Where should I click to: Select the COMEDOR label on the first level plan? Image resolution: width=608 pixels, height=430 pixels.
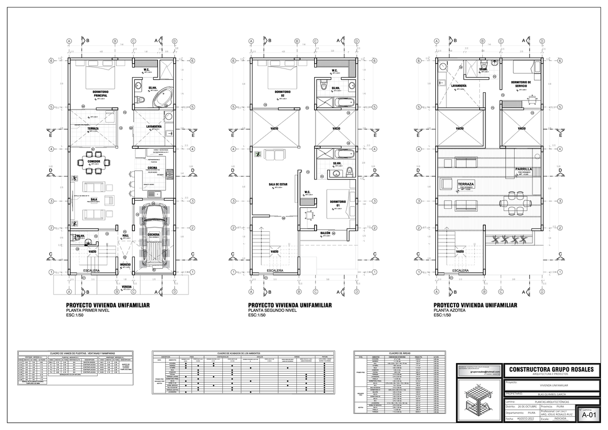[94, 161]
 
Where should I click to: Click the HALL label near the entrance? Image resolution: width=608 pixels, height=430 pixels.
[125, 236]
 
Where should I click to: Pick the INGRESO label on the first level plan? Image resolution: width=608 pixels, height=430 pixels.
[125, 265]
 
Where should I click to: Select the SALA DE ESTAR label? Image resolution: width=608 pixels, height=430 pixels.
[278, 185]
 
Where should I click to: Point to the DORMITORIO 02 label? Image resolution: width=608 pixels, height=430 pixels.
[282, 94]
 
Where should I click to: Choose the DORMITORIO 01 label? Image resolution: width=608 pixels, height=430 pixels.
[337, 204]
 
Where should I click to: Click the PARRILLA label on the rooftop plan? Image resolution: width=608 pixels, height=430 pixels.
[523, 169]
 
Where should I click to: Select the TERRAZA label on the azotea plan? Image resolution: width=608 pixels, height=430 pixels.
[466, 184]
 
